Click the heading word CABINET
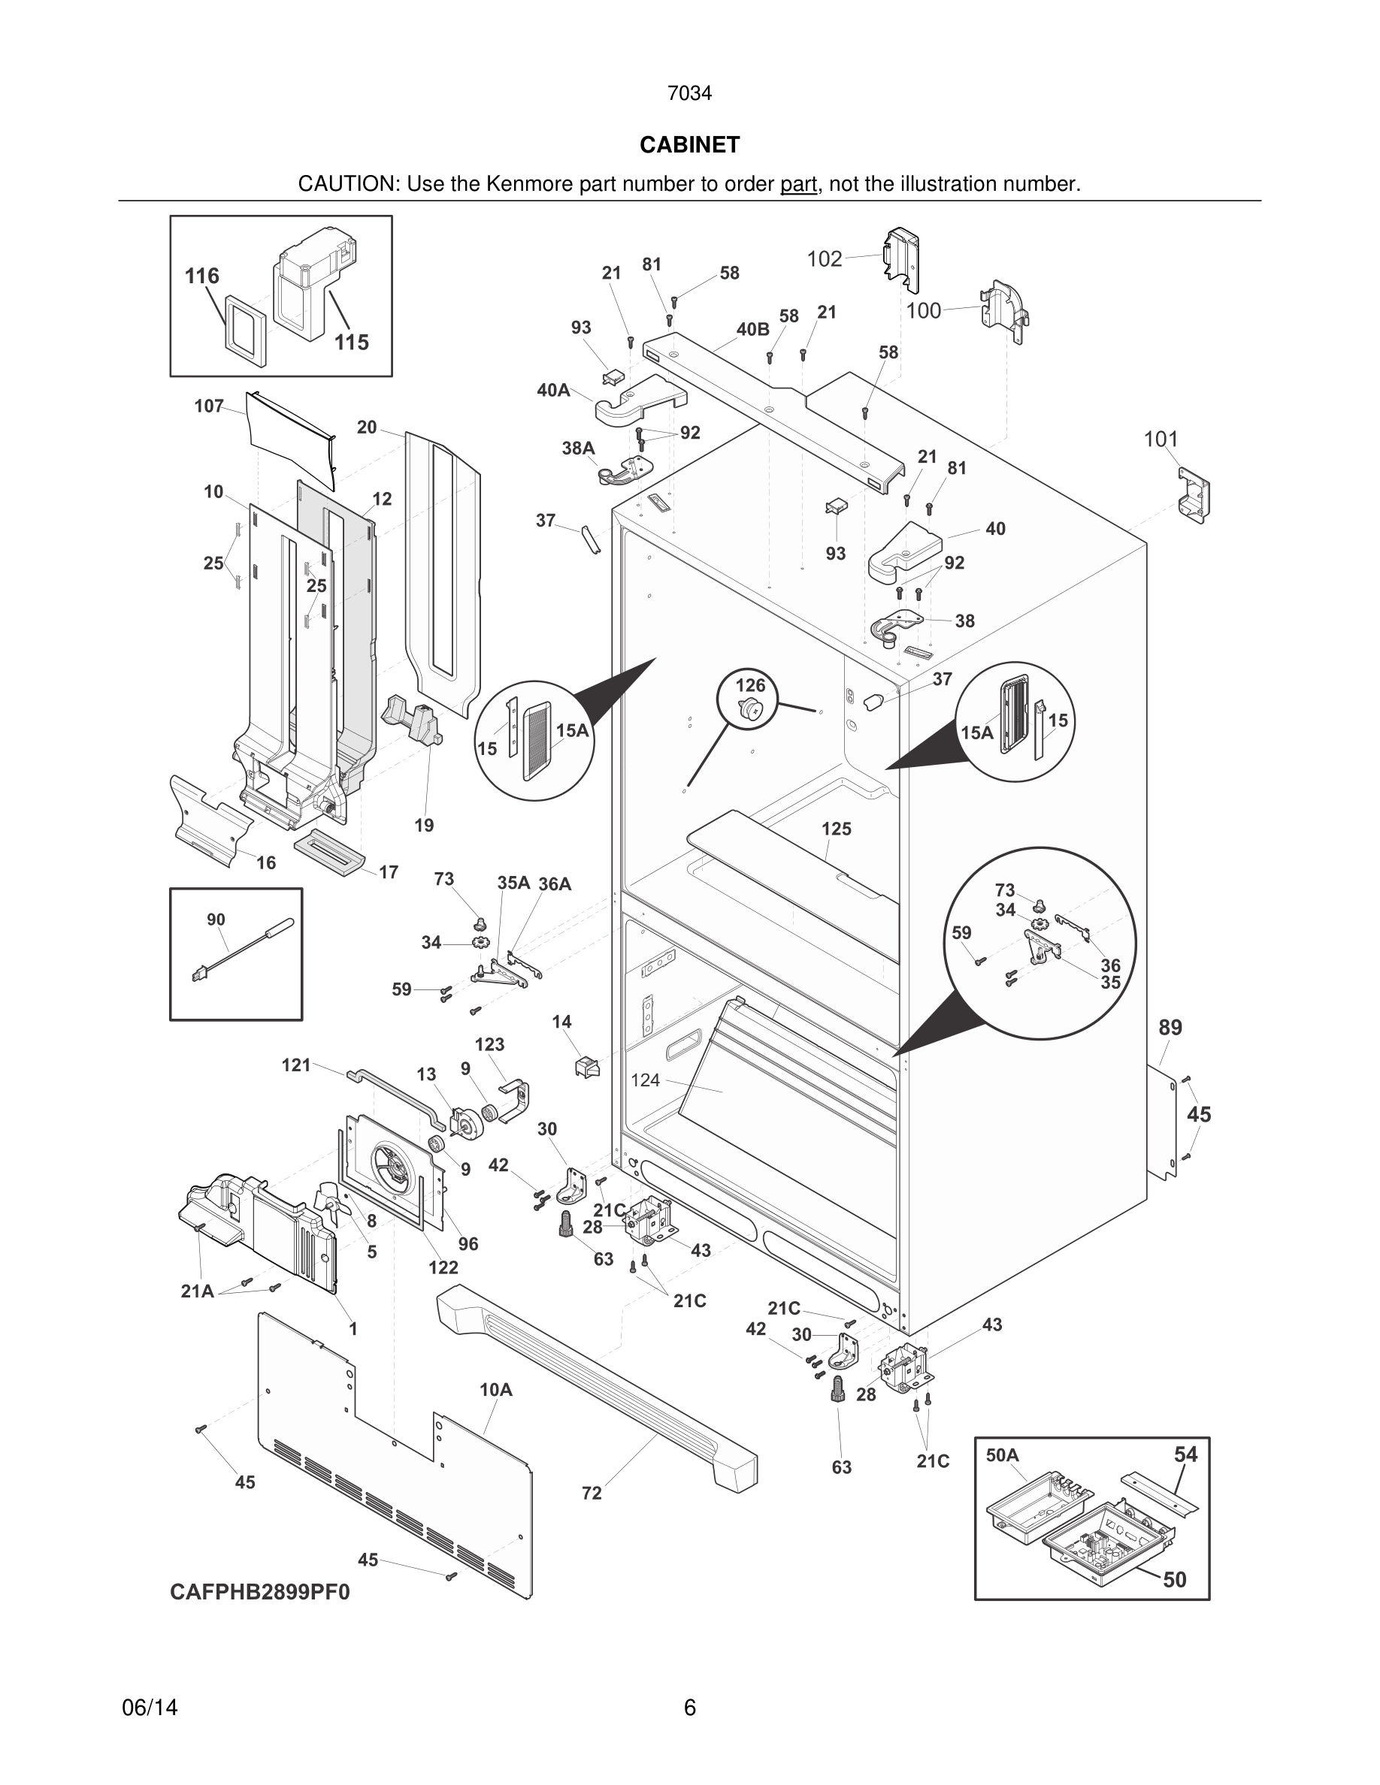click(689, 145)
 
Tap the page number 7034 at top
click(689, 94)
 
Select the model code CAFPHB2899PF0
click(259, 1592)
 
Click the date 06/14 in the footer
click(150, 1708)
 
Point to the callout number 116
click(202, 276)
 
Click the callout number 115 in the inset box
click(352, 343)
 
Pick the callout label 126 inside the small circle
click(750, 685)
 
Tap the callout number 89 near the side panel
click(1170, 1028)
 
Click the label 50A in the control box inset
click(1002, 1454)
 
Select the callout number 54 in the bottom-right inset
click(1185, 1454)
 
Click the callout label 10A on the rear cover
click(495, 1389)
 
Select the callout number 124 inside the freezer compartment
click(645, 1080)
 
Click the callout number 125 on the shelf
click(837, 829)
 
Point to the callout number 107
click(209, 406)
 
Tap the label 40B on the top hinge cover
click(752, 329)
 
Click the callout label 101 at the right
click(1160, 439)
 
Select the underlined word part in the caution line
click(798, 185)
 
